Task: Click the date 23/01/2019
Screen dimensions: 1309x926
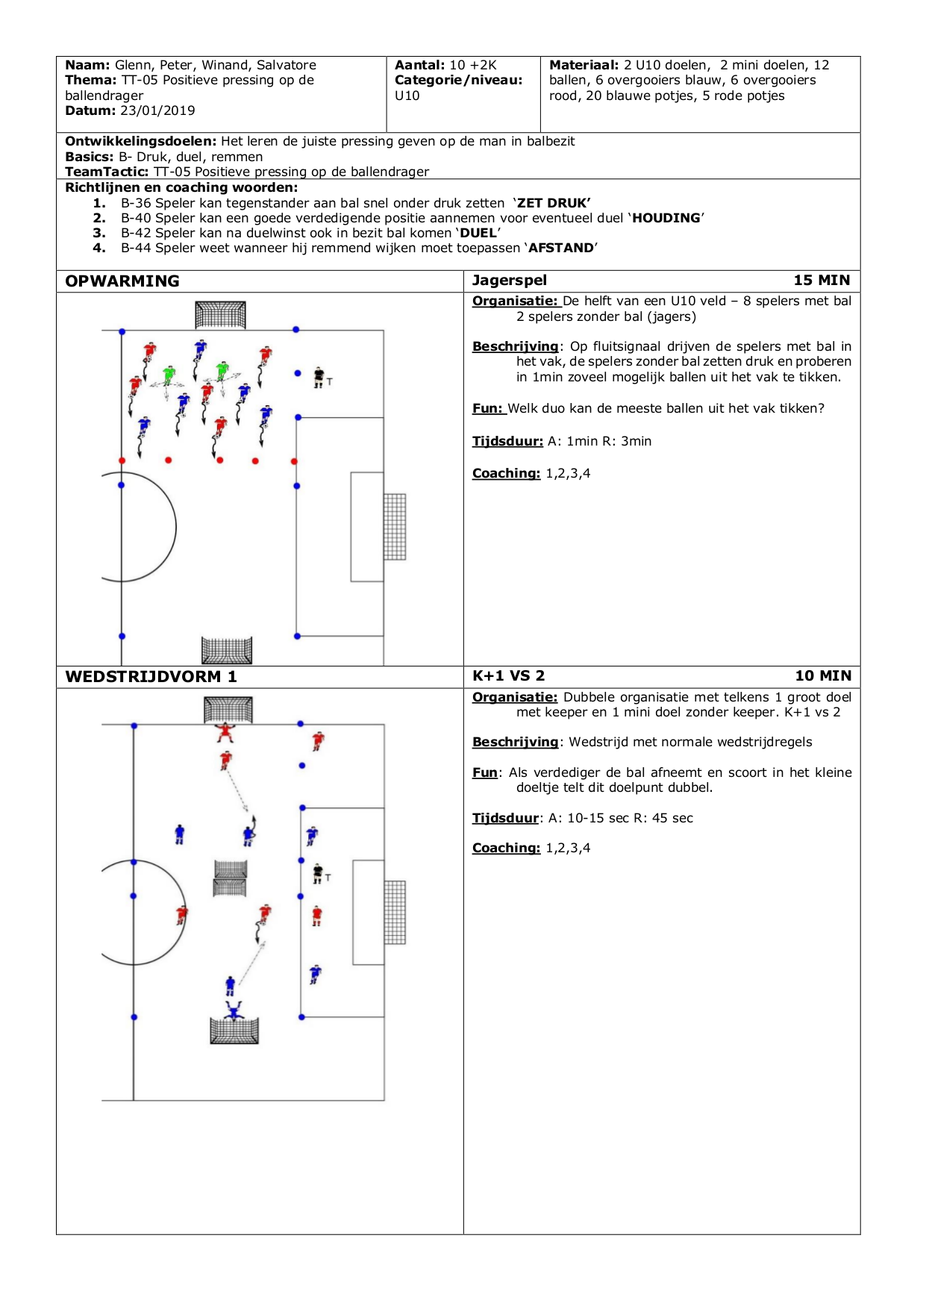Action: point(157,110)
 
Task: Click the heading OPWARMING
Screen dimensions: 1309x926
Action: point(122,281)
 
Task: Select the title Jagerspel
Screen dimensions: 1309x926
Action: point(510,281)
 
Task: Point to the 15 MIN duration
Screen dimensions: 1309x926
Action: point(822,281)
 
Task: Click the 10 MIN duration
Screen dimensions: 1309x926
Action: point(823,676)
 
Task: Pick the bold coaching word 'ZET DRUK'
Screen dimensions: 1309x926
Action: point(553,203)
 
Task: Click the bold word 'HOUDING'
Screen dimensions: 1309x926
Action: point(666,218)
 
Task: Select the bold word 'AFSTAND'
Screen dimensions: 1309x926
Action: point(561,248)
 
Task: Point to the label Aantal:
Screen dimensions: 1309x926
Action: point(420,66)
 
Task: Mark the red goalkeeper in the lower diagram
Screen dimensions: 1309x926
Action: point(225,733)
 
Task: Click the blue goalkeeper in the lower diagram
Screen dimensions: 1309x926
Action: point(236,1011)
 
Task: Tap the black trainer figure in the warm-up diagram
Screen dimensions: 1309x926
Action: point(319,378)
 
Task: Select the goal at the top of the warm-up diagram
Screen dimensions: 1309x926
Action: point(220,315)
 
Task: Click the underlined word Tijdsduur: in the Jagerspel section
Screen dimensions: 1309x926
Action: point(507,441)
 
